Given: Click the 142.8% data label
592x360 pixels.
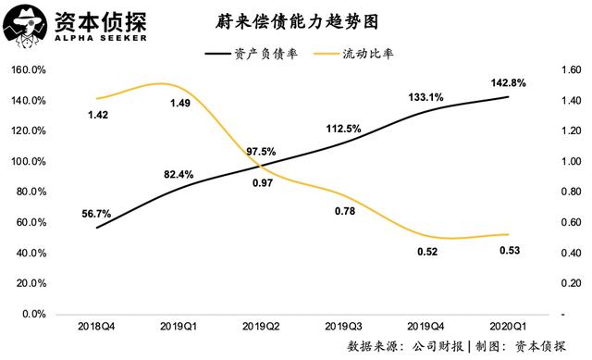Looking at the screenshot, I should click(508, 83).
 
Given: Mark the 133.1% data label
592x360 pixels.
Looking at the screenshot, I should click(425, 97).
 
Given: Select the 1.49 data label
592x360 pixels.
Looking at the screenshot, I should click(179, 103).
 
